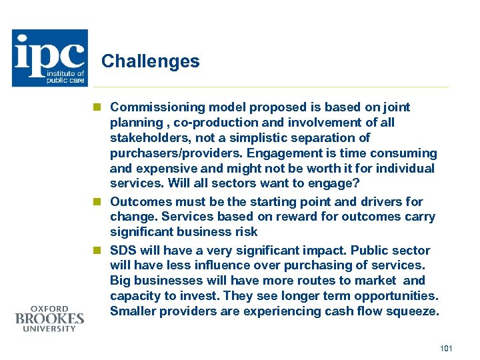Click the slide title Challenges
[150, 61]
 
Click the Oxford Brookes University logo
[49, 318]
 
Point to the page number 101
[447, 349]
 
